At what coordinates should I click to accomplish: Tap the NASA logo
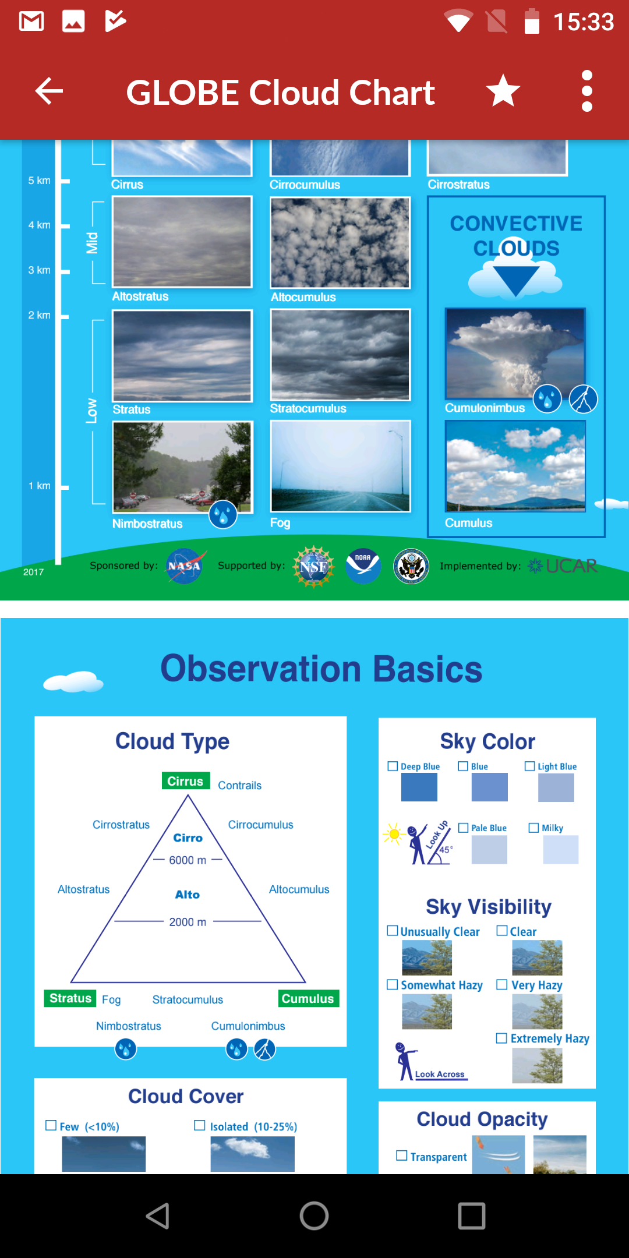(x=184, y=566)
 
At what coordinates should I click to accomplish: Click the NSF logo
(x=314, y=566)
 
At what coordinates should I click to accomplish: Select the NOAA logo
(x=363, y=566)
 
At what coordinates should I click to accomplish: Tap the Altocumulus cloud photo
(x=340, y=242)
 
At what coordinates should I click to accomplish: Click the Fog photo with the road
(x=340, y=466)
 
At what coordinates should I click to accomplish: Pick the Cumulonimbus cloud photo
(x=515, y=354)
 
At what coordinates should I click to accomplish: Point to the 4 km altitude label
(x=39, y=225)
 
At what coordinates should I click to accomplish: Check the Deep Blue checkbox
(x=393, y=766)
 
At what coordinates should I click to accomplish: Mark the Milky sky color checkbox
(x=533, y=828)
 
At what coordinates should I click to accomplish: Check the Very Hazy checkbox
(x=501, y=984)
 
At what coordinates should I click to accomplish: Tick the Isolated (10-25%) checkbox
(x=200, y=1125)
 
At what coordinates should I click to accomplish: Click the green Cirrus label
(x=186, y=781)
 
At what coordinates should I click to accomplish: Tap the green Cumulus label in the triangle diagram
(x=308, y=998)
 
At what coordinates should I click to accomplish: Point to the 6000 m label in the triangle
(x=188, y=860)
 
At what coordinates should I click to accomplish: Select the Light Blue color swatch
(x=556, y=787)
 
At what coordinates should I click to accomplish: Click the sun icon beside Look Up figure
(x=394, y=835)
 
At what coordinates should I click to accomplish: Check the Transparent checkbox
(x=402, y=1155)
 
